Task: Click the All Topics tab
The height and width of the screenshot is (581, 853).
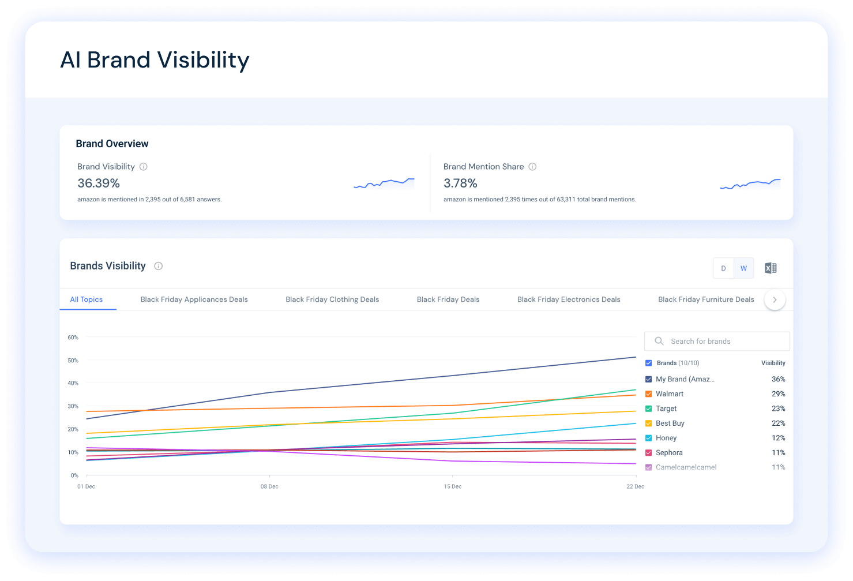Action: [87, 299]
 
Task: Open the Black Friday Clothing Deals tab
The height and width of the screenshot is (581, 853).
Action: [332, 299]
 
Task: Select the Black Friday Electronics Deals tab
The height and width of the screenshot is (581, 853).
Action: [569, 299]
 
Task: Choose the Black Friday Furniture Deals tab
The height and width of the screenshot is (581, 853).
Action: [706, 299]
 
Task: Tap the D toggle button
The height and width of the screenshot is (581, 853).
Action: [723, 268]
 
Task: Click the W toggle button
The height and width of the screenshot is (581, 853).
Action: [743, 268]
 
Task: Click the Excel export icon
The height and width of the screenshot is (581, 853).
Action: [771, 268]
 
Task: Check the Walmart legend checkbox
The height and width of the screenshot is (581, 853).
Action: [649, 394]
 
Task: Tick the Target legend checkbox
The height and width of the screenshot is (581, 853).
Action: [649, 408]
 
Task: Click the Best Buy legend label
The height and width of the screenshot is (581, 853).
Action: [670, 423]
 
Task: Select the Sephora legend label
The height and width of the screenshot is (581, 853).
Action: [669, 453]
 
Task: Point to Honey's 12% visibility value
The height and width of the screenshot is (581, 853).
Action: [778, 438]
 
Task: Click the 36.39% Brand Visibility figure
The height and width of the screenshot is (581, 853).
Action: [99, 183]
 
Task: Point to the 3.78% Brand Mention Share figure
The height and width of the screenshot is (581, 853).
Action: [460, 183]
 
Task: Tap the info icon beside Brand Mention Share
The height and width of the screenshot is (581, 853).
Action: [532, 167]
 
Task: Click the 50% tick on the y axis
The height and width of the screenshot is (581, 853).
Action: [73, 361]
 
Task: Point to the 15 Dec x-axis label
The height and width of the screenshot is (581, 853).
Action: [453, 486]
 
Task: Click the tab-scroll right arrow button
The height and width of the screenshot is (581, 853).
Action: [775, 299]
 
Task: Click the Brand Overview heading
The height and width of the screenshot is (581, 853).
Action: [112, 144]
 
